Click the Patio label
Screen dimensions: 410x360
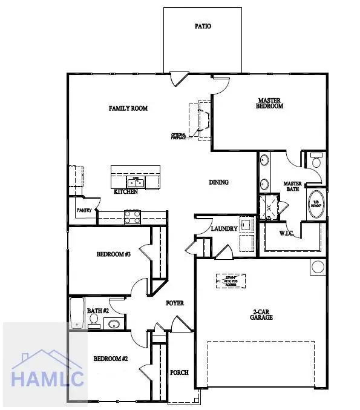tap(203, 27)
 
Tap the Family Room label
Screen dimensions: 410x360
tap(128, 108)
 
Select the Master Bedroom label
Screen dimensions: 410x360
tap(270, 103)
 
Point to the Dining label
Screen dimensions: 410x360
tap(218, 182)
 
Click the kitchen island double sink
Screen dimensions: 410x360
tap(135, 182)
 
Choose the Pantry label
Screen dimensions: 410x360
tap(83, 210)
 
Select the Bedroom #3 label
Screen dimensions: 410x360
tap(114, 254)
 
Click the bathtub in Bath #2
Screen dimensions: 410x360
tap(76, 312)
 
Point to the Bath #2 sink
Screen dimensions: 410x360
tap(113, 325)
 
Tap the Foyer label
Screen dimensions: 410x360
tap(175, 303)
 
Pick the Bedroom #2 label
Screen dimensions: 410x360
tap(111, 359)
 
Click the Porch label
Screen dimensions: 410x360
tap(179, 372)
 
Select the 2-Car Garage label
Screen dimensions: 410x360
tap(263, 315)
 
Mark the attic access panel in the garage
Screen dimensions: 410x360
tap(231, 280)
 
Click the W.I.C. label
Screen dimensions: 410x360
tap(287, 233)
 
